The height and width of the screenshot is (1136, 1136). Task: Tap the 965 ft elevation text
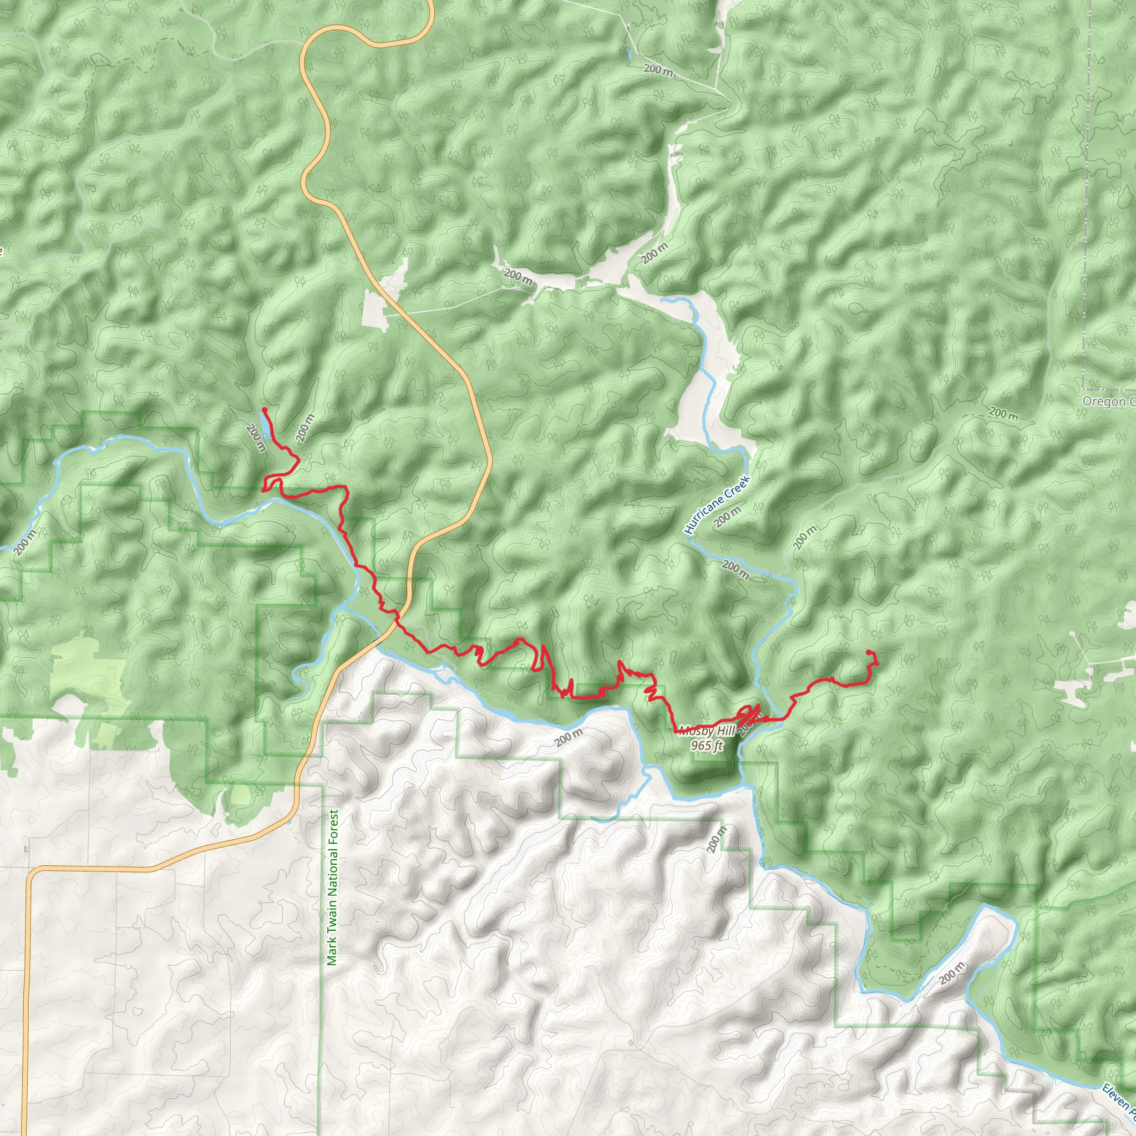pos(707,746)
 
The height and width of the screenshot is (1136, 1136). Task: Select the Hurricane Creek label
pos(718,505)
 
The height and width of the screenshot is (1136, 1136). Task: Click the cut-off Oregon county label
pos(1108,402)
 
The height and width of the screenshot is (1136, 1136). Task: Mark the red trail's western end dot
pos(265,409)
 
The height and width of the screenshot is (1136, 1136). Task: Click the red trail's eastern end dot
pos(869,652)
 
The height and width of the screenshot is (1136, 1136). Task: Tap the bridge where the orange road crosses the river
pos(376,638)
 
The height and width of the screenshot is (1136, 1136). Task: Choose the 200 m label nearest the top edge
pos(658,70)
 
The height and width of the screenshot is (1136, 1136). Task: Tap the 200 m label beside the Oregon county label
pos(1003,414)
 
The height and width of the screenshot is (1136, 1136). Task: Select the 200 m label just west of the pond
pos(256,439)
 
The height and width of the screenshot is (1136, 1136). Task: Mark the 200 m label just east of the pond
pos(305,428)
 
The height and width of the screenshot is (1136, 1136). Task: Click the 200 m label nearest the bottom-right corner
pos(952,973)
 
